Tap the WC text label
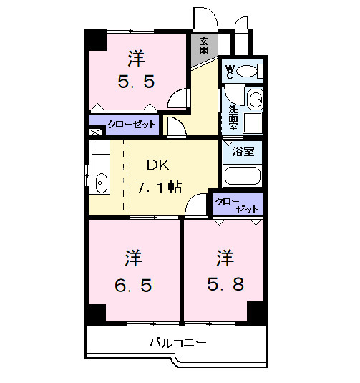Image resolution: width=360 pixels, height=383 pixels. click(230, 71)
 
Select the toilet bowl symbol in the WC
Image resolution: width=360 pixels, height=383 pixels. click(248, 71)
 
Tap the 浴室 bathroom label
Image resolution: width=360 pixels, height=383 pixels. click(243, 151)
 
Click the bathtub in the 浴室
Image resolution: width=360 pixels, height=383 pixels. click(243, 175)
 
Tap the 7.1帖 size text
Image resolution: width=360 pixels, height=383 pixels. click(159, 188)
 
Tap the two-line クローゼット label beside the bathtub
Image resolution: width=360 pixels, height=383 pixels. click(237, 203)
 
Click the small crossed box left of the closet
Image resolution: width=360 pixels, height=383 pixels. click(94, 132)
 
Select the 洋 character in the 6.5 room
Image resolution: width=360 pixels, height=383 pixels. click(134, 256)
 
